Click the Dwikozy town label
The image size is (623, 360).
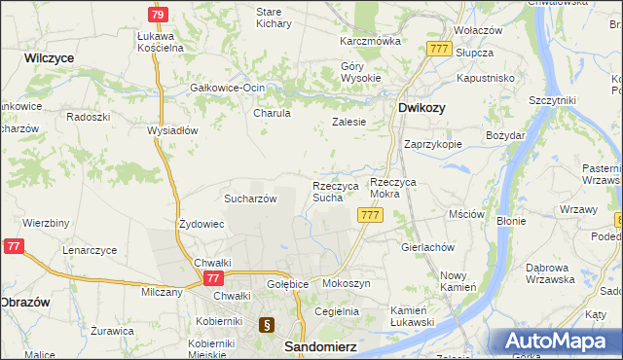click(421, 108)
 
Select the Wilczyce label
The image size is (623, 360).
click(50, 58)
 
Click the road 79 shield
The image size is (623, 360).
click(159, 15)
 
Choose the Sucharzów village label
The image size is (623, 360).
click(251, 198)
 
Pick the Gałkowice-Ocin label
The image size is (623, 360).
click(228, 88)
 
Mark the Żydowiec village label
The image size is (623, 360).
click(202, 224)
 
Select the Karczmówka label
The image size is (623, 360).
click(370, 42)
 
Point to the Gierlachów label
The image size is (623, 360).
click(428, 247)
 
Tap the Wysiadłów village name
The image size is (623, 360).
click(172, 130)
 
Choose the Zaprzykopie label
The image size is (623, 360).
click(433, 143)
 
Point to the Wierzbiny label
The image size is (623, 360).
click(46, 223)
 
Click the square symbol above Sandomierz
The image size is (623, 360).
click(267, 325)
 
